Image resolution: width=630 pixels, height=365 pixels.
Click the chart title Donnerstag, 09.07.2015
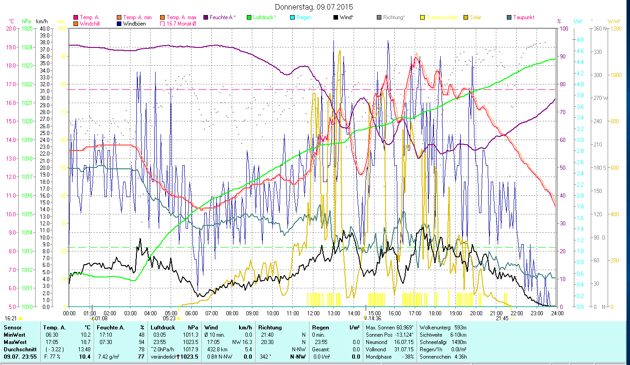(x=314, y=7)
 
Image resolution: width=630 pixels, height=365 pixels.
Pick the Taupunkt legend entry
(x=523, y=17)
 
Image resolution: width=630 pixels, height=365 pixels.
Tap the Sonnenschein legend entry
(x=442, y=17)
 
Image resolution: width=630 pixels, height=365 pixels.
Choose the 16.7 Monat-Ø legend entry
(x=181, y=24)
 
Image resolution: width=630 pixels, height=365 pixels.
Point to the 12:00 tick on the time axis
(x=313, y=313)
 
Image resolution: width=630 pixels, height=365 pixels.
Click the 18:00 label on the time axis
(x=435, y=313)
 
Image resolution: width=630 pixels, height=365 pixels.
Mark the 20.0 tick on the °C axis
(x=10, y=28)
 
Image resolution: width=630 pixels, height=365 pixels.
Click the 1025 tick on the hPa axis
(x=27, y=28)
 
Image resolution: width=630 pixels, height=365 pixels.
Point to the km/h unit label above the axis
(x=42, y=21)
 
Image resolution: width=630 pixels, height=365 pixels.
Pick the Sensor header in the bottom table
(x=12, y=328)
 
